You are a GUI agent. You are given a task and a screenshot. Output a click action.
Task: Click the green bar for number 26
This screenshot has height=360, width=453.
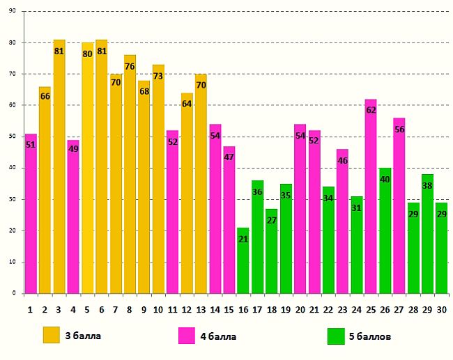[x=385, y=230]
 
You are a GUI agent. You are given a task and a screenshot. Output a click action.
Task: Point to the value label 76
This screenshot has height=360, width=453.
[x=130, y=67]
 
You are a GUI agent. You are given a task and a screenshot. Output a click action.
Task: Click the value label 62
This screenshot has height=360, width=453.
[x=371, y=110]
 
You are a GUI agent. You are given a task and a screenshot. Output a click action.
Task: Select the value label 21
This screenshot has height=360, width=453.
[x=243, y=240]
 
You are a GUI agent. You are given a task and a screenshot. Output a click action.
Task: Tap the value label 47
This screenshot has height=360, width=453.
[x=229, y=157]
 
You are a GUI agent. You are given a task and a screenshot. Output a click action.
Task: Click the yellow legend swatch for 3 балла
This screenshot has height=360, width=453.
[x=52, y=335]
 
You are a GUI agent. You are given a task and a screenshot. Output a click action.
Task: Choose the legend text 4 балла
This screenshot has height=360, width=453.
[x=218, y=336]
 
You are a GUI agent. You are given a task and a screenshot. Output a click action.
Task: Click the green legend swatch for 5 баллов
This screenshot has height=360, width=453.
[x=336, y=336]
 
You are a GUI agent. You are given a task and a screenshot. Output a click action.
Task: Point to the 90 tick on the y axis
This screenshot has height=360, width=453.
[x=13, y=11]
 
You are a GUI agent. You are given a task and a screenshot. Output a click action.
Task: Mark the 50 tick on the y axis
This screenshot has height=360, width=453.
[x=13, y=137]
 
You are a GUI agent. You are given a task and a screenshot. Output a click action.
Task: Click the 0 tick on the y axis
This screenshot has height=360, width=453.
[x=15, y=294]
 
